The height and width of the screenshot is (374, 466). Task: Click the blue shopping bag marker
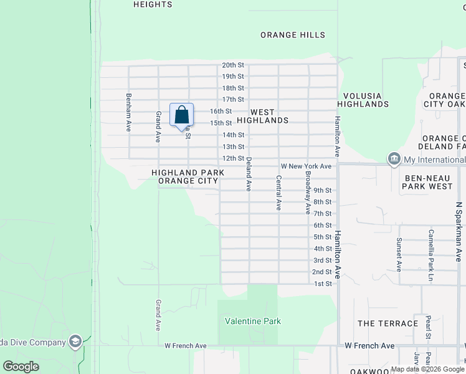click(x=181, y=116)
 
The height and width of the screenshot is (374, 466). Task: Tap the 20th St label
click(x=233, y=65)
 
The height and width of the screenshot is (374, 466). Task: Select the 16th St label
click(x=221, y=111)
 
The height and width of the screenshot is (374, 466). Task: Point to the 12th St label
click(x=233, y=158)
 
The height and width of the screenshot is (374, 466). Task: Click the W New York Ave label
click(x=306, y=166)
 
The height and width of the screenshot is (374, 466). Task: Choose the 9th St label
click(x=322, y=190)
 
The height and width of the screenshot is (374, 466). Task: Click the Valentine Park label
click(x=253, y=322)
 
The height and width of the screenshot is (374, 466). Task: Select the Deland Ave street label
click(x=249, y=174)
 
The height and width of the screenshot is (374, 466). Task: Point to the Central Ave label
click(x=278, y=193)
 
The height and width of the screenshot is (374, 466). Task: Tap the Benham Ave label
click(x=129, y=112)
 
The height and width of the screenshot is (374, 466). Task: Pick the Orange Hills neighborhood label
click(x=293, y=35)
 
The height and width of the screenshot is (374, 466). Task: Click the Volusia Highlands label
click(x=363, y=100)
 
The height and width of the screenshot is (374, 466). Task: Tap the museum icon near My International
click(x=393, y=160)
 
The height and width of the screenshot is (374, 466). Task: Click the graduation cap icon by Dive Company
click(x=75, y=342)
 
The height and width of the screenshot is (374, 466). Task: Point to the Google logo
click(x=21, y=367)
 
